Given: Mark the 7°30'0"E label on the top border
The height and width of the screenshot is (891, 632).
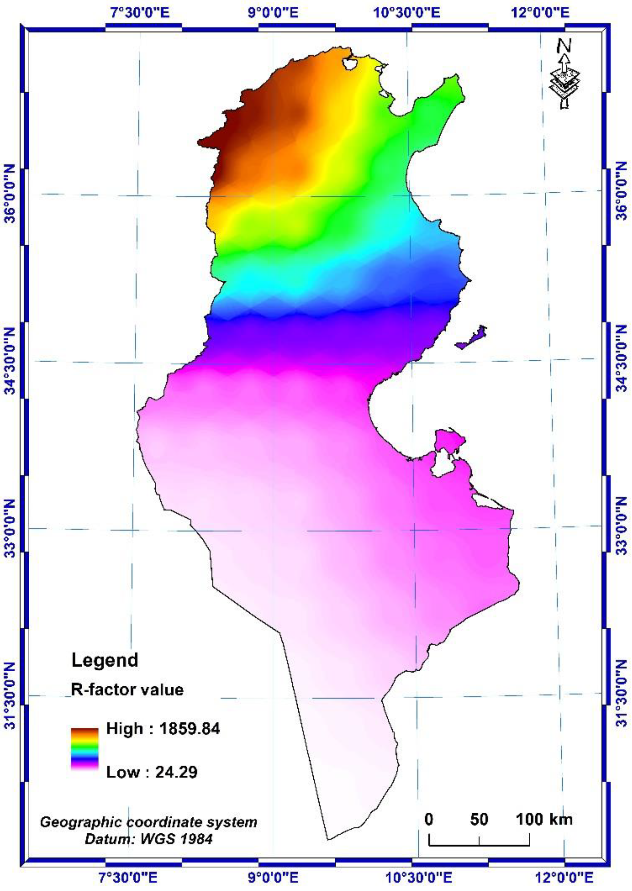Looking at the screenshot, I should click(x=141, y=13).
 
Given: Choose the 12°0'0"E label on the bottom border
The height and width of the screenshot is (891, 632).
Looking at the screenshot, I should click(x=564, y=879).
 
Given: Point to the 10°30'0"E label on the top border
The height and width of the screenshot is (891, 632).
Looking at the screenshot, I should click(x=407, y=13).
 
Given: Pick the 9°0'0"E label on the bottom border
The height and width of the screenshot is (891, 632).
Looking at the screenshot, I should click(x=274, y=879).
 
